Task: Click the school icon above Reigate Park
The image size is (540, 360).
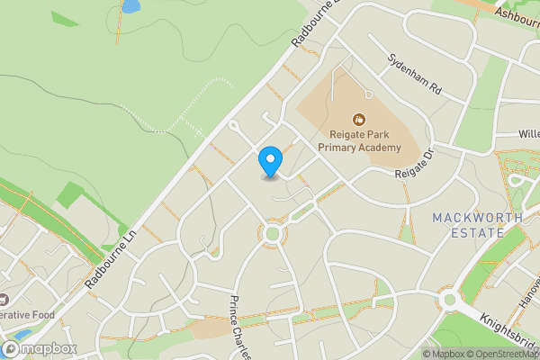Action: pos(359,118)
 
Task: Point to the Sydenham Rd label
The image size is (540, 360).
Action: pos(416,77)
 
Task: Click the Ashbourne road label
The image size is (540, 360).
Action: pos(515,15)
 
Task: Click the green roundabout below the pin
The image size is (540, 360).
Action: pos(273,234)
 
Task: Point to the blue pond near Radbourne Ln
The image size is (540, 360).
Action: pos(130,6)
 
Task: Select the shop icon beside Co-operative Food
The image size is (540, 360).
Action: pos(3,299)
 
